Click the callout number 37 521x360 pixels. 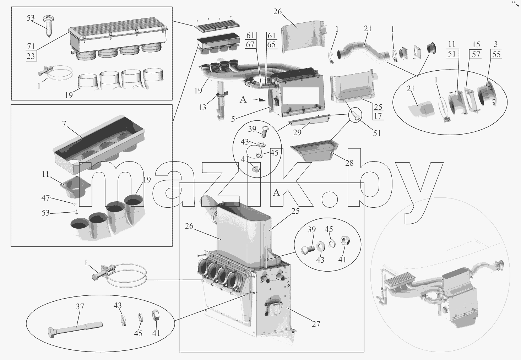(80, 306)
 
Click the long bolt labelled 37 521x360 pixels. (75, 329)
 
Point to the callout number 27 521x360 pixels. (316, 324)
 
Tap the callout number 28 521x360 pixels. (349, 163)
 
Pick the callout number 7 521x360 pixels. (64, 124)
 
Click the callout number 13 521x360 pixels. (202, 107)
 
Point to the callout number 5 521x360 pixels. (233, 119)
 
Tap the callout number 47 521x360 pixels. (45, 198)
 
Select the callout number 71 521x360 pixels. (31, 46)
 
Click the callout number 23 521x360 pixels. (31, 56)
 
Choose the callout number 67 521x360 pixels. (250, 44)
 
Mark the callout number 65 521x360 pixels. (271, 44)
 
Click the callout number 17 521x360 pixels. (378, 116)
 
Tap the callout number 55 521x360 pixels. (496, 54)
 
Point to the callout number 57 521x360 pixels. (476, 54)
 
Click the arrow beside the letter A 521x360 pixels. (259, 100)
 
